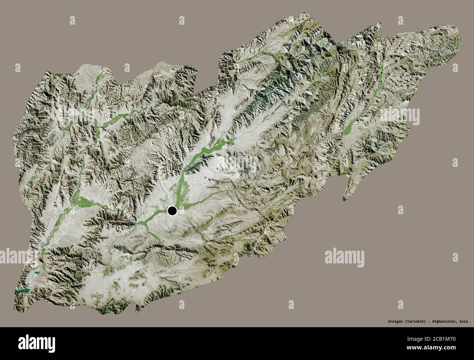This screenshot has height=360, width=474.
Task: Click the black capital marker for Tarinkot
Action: point(172,211)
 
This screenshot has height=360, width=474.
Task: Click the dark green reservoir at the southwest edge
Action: point(23,291)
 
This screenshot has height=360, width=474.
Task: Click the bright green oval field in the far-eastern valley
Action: point(348,128)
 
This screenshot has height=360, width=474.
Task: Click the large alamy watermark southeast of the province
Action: point(344,258)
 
